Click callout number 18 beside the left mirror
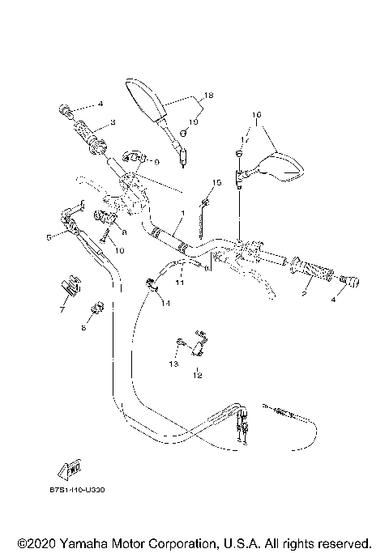(208, 96)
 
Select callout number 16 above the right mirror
(256, 116)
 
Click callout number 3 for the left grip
(113, 122)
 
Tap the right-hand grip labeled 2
(311, 272)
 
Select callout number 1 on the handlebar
(183, 213)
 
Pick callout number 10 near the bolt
(119, 251)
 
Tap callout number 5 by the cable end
(49, 236)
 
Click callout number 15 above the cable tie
(216, 182)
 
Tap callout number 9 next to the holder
(156, 161)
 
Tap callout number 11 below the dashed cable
(180, 283)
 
